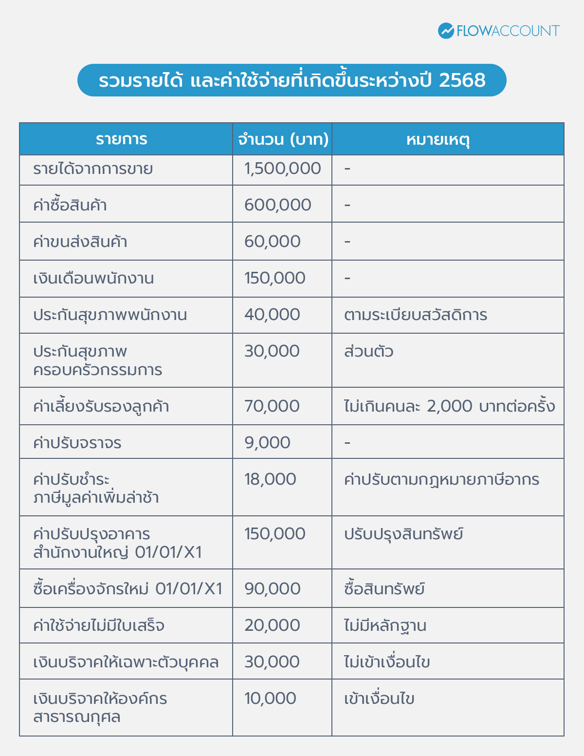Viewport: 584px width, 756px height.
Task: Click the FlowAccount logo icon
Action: (x=446, y=31)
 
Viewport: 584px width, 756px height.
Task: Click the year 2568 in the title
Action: (x=462, y=80)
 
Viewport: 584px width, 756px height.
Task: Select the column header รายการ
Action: (x=121, y=139)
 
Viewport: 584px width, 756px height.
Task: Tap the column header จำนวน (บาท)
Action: (x=283, y=139)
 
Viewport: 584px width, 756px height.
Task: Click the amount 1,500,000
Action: (x=282, y=169)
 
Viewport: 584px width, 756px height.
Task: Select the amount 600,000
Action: (x=277, y=205)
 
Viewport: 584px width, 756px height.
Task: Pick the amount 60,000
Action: (x=272, y=242)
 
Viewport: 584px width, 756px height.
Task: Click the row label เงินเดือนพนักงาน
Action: (x=93, y=279)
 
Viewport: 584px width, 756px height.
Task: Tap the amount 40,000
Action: (x=272, y=315)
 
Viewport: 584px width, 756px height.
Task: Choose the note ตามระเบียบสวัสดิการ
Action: (x=415, y=315)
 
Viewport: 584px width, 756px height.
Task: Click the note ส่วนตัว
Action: (x=368, y=351)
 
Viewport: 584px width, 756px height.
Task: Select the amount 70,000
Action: (x=272, y=406)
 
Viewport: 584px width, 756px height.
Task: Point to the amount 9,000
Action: (x=267, y=443)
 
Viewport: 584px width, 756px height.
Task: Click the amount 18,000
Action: (x=270, y=479)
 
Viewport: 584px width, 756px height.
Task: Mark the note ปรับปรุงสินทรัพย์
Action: (x=403, y=534)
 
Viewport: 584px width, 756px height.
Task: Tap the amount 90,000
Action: (x=272, y=589)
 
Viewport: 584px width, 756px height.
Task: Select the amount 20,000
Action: (x=272, y=625)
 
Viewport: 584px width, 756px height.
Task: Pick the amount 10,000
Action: (x=270, y=699)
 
